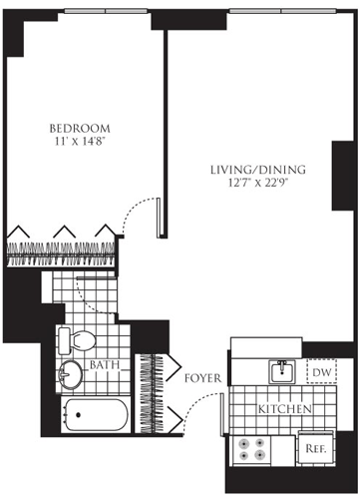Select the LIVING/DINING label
click(x=256, y=170)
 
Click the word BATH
click(x=106, y=366)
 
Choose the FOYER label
click(x=202, y=378)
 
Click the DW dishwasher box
click(x=321, y=372)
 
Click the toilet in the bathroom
click(x=77, y=338)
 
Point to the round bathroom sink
click(x=71, y=375)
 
